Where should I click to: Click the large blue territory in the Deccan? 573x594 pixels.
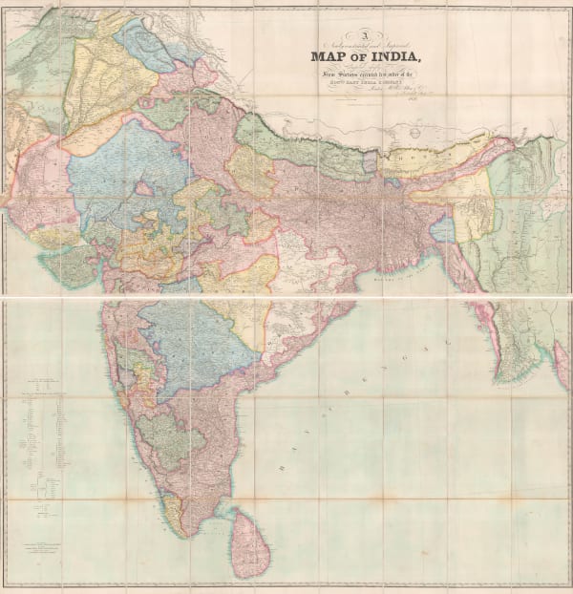(x=201, y=344)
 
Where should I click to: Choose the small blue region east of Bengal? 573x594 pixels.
(x=441, y=229)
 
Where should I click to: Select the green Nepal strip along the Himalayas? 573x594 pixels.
(x=296, y=143)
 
